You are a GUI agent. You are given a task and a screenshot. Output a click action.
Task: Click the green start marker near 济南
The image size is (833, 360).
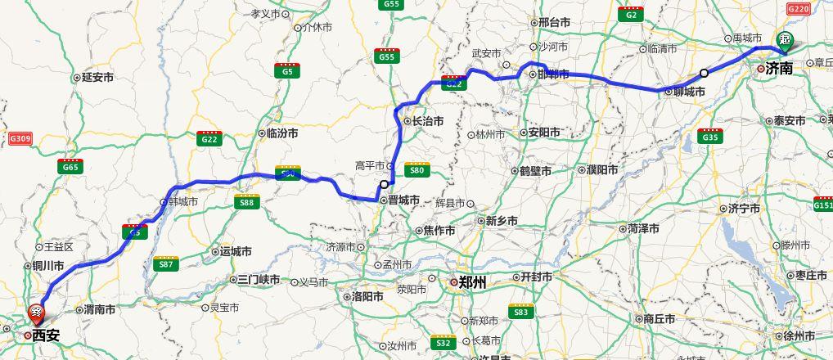785,39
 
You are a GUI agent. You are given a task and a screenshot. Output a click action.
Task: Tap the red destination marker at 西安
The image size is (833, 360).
37,313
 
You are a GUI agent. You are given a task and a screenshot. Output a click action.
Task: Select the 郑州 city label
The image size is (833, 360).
472,282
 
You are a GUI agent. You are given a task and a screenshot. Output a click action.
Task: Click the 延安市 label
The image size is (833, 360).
97,78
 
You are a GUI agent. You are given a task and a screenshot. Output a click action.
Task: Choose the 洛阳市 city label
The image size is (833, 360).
367,296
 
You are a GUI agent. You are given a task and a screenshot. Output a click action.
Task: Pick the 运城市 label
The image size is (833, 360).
235,252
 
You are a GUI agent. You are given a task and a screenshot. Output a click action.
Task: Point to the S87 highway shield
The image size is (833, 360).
166,263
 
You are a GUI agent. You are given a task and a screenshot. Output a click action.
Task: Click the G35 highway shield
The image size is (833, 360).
709,137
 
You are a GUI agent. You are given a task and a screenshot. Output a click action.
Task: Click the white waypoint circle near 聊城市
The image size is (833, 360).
704,74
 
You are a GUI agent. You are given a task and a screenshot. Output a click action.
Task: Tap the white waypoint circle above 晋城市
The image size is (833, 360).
384,184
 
